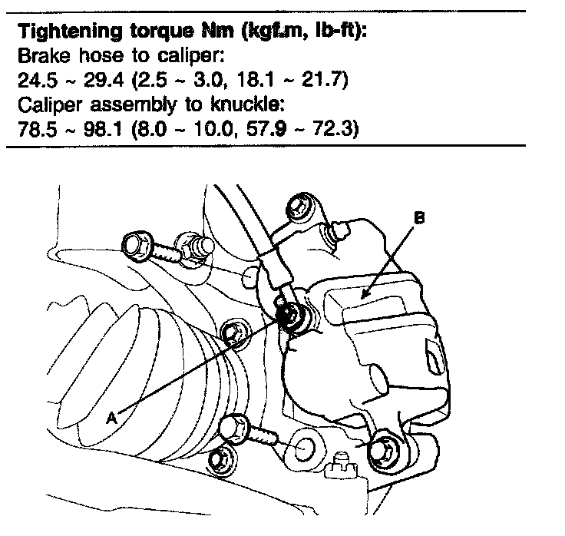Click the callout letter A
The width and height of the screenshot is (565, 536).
(x=112, y=417)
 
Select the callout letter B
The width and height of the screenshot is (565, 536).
(x=418, y=217)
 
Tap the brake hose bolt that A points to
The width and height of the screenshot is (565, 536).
(x=291, y=316)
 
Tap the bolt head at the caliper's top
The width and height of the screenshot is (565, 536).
(x=299, y=207)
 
